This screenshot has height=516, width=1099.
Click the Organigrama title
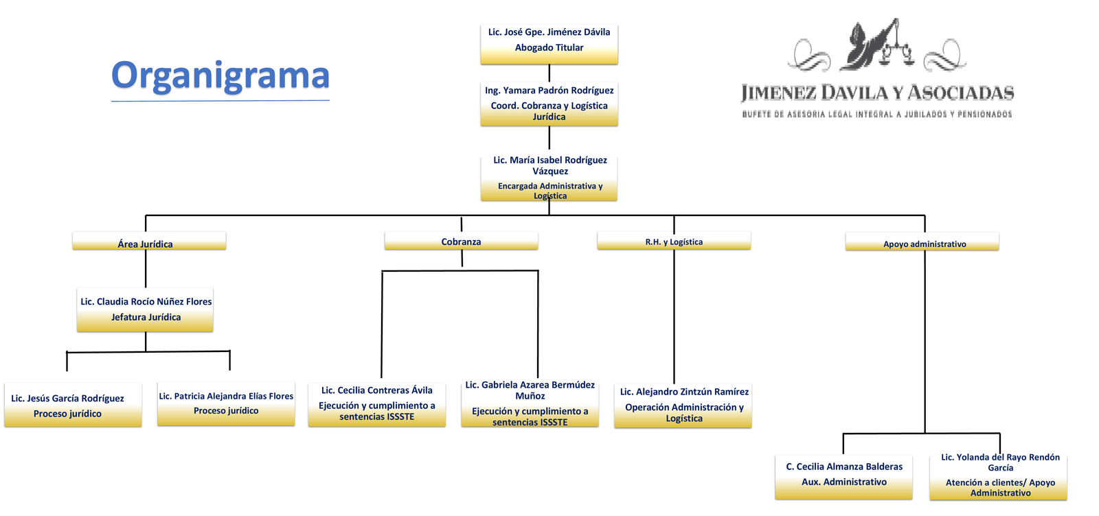[x=220, y=75]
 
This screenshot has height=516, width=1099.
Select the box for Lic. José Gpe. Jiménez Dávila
[x=549, y=44]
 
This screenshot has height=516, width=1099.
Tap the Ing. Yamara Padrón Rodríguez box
[x=549, y=104]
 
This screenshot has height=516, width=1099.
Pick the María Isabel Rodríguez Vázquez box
[x=549, y=178]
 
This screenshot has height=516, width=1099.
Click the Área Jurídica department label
[x=148, y=242]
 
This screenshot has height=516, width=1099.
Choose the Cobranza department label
[x=461, y=241]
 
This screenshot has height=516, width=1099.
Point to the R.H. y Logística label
[x=674, y=241]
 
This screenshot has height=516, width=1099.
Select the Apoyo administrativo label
[x=922, y=242]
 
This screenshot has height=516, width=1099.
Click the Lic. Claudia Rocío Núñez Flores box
[x=145, y=310]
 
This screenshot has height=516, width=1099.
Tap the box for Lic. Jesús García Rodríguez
[x=73, y=405]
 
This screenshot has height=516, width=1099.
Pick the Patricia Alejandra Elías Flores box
[x=226, y=403]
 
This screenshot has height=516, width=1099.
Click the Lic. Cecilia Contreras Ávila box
[x=376, y=404]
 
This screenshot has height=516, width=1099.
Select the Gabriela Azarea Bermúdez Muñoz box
[x=530, y=404]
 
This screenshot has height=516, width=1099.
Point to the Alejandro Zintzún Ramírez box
[x=683, y=406]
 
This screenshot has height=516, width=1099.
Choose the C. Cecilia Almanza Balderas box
[x=843, y=477]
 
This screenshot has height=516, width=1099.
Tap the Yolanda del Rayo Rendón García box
[x=998, y=477]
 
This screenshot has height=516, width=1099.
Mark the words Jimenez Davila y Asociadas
[x=877, y=93]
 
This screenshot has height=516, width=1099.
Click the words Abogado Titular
[x=549, y=48]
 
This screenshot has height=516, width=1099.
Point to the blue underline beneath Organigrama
[x=220, y=101]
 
